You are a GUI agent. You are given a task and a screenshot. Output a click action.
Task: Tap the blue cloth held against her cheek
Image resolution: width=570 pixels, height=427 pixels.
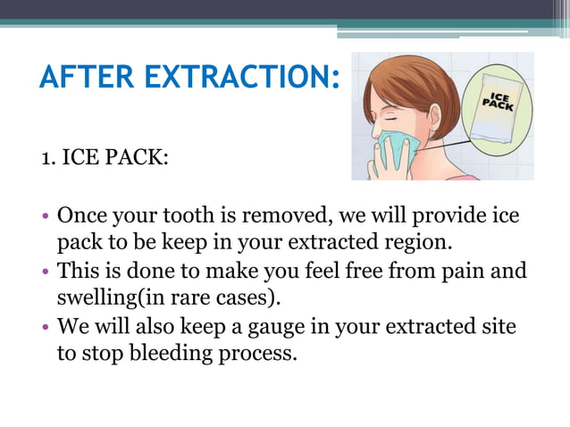click(397, 147)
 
